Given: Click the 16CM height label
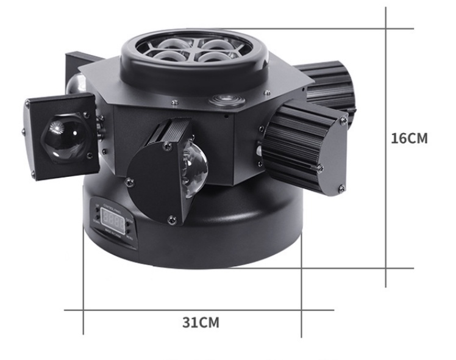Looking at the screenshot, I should click(409, 138).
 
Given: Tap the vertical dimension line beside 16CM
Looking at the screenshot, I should click(387, 146).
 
